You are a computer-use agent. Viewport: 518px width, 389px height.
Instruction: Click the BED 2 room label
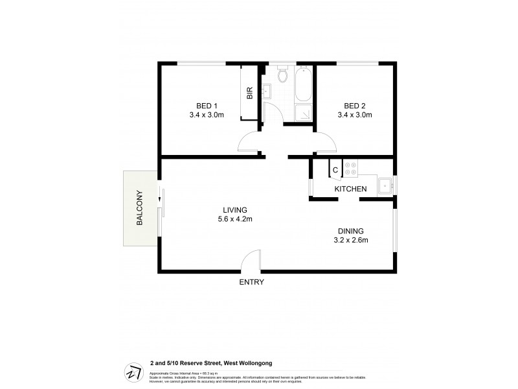tap(355, 106)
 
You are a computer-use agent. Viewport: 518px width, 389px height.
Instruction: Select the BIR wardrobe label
tap(249, 93)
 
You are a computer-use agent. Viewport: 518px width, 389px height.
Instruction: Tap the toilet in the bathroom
tap(282, 77)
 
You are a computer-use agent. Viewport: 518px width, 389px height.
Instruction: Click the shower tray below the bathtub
tap(302, 113)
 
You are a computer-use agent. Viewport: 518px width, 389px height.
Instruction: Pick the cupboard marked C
tap(335, 171)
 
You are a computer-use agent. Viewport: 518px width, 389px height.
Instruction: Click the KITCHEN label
tap(350, 189)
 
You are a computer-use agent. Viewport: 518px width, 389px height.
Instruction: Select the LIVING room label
tap(235, 209)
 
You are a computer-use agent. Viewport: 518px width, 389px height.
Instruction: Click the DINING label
tap(350, 231)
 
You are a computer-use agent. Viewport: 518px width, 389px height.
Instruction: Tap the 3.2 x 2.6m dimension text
tap(350, 241)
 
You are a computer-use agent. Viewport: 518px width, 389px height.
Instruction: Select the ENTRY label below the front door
tap(251, 282)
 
